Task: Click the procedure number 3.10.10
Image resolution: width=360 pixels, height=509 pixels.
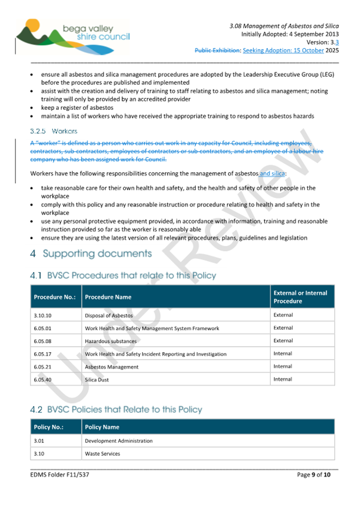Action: point(43,315)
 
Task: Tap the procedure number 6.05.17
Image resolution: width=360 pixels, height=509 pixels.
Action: point(43,354)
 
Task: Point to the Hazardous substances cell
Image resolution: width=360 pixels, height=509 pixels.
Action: point(110,341)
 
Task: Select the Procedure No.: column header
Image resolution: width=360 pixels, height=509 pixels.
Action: point(54,297)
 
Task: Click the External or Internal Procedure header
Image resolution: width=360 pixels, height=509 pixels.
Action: point(300,297)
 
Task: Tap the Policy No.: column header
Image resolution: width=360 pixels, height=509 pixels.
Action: point(49,427)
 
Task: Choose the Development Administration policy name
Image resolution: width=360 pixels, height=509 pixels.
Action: point(118,441)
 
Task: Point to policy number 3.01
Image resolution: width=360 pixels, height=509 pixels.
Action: point(38,441)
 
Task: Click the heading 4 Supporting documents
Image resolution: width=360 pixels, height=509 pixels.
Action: point(91,253)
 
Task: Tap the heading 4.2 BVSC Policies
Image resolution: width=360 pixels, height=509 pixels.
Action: point(116,410)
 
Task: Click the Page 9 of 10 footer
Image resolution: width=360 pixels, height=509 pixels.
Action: point(314,474)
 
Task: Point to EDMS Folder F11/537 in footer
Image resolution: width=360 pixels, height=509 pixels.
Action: point(60,474)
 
